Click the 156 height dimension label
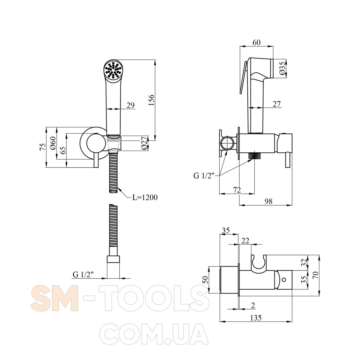[151, 100]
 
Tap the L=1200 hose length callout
[145, 197]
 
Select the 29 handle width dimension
[130, 105]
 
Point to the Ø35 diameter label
[283, 68]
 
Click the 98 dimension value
[268, 201]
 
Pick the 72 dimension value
[237, 190]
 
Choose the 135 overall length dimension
[256, 318]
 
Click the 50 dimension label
[206, 280]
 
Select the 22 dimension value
[245, 241]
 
